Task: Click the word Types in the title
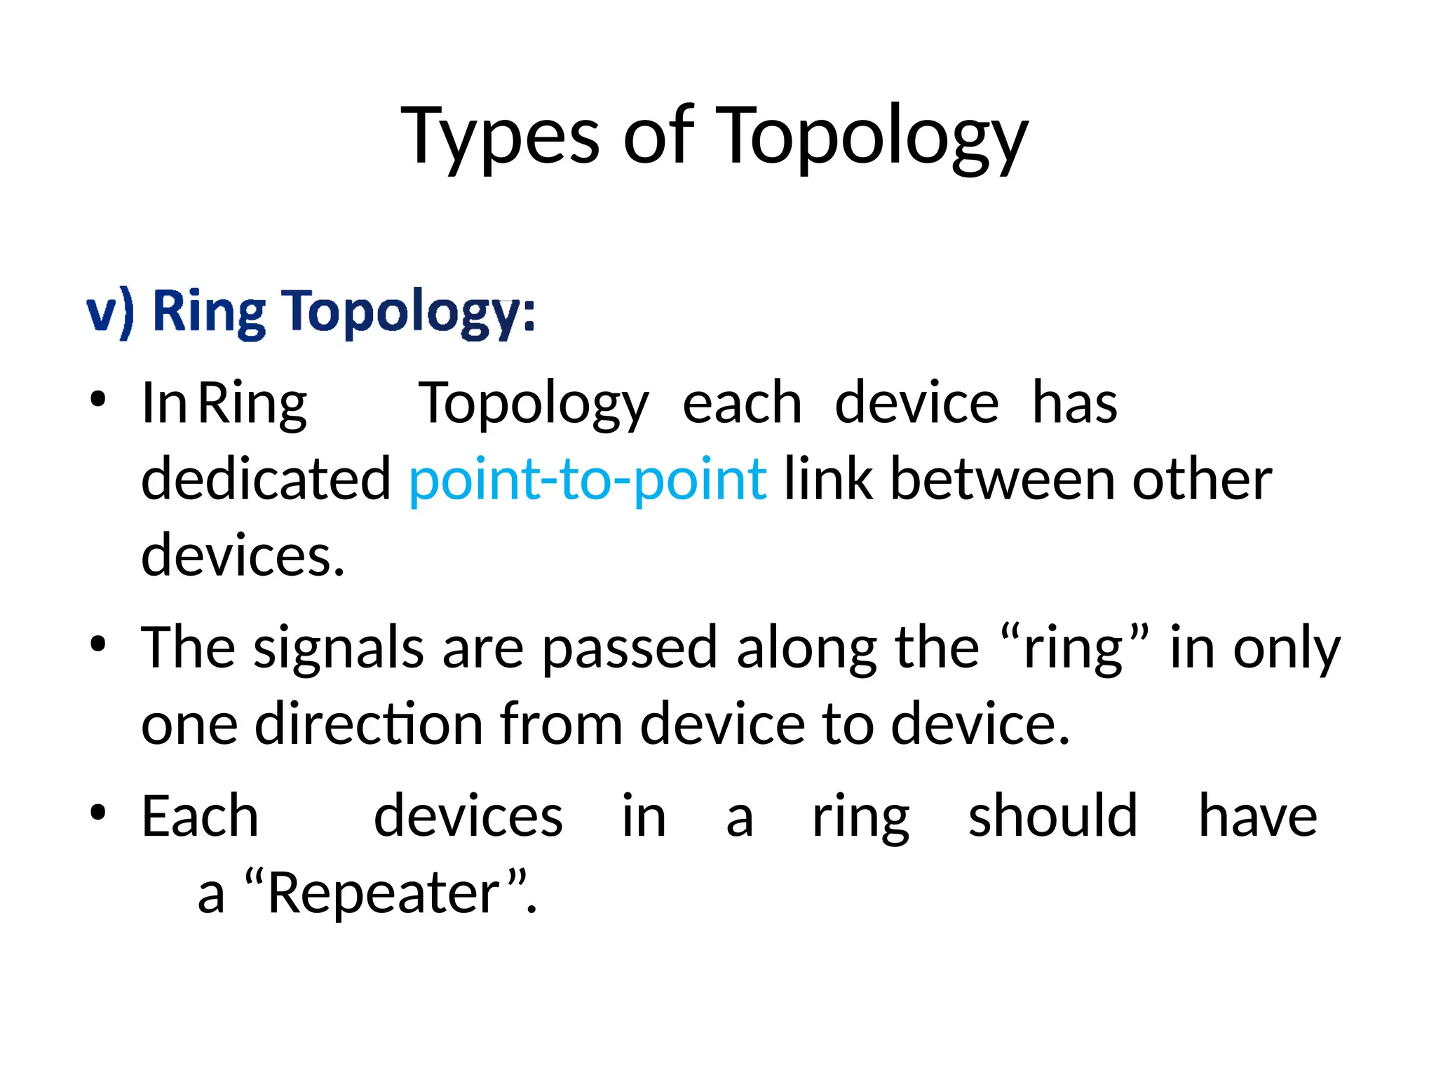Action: click(499, 137)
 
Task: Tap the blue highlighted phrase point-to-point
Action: click(588, 480)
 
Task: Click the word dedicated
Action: click(266, 480)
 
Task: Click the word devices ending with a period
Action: click(243, 555)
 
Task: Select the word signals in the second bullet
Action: click(339, 648)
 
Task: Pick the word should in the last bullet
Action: click(1052, 816)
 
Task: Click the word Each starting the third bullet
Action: click(200, 816)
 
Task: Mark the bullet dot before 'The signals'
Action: click(97, 644)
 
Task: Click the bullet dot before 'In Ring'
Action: click(97, 400)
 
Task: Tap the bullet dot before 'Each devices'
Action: click(97, 813)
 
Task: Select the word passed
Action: click(630, 648)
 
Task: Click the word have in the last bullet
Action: click(1257, 816)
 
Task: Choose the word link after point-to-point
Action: click(827, 480)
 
